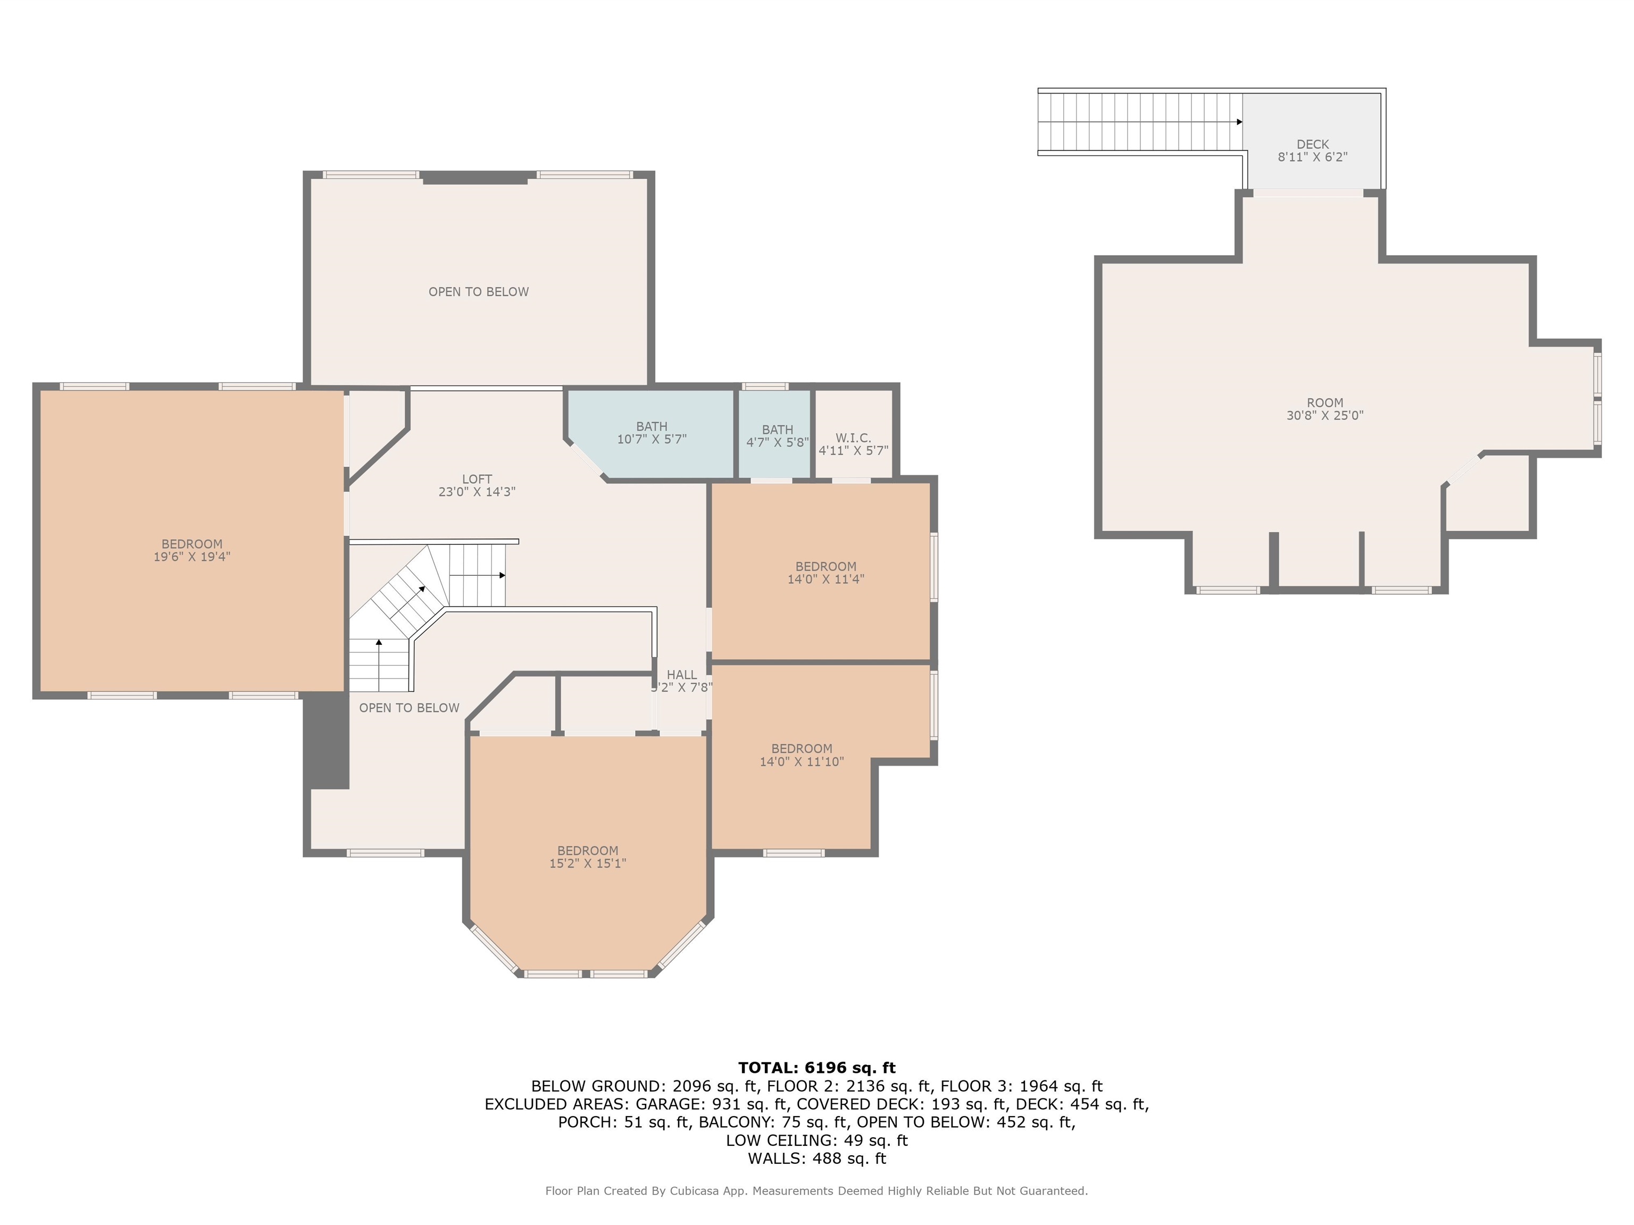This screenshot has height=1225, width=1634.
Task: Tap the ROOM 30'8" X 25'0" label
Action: [1324, 409]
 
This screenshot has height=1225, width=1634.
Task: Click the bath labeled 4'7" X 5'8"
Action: [777, 435]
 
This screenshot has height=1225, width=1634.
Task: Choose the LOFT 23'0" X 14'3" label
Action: [477, 485]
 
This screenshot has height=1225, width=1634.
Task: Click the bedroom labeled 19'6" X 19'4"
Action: [192, 550]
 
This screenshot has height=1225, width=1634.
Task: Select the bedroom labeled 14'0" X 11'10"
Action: [802, 754]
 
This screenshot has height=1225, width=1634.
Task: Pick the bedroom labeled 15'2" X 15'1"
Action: [587, 857]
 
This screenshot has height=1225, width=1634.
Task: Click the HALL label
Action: [681, 675]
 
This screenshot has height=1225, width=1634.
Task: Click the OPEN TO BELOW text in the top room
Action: [478, 292]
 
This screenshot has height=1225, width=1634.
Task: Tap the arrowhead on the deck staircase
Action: [1239, 122]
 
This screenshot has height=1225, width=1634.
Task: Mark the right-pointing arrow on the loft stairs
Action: [502, 575]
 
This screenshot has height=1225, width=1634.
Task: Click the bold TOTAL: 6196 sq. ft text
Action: [816, 1068]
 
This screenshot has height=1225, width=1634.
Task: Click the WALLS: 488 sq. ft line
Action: [816, 1159]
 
